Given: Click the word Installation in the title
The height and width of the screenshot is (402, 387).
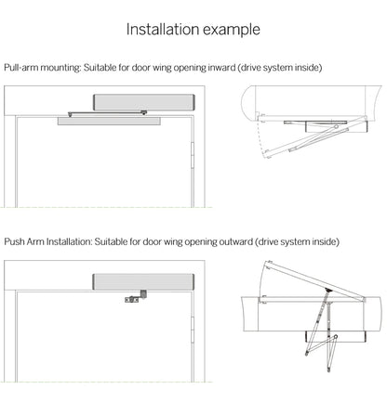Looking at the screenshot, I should point(161,30).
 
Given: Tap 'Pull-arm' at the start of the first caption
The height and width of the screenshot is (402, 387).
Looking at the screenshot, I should point(21,69).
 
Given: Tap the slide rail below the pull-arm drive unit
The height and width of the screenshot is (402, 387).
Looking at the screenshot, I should point(111,119).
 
